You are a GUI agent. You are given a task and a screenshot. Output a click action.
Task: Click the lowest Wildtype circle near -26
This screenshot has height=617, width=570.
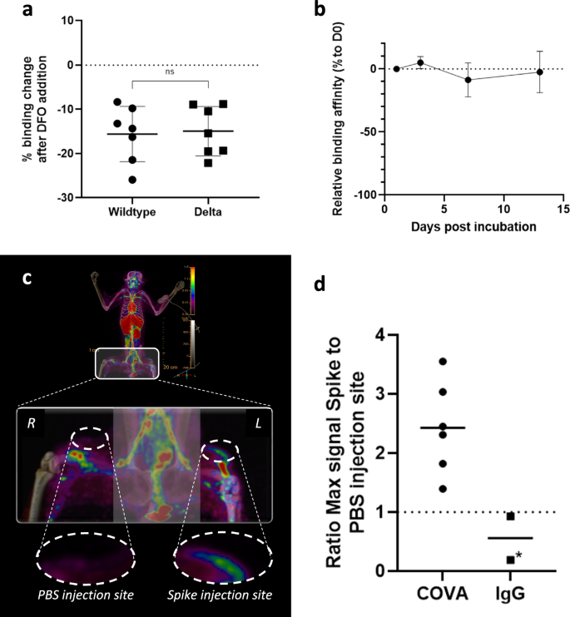point(131,180)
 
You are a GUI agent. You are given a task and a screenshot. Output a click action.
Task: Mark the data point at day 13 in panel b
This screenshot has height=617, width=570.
point(539,72)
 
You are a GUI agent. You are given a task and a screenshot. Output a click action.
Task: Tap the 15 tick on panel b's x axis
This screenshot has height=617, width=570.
point(563,210)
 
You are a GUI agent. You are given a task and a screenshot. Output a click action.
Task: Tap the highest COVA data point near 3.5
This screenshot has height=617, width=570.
point(443,362)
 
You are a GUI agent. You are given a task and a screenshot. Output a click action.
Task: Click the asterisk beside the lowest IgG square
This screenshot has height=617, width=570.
point(518,555)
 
